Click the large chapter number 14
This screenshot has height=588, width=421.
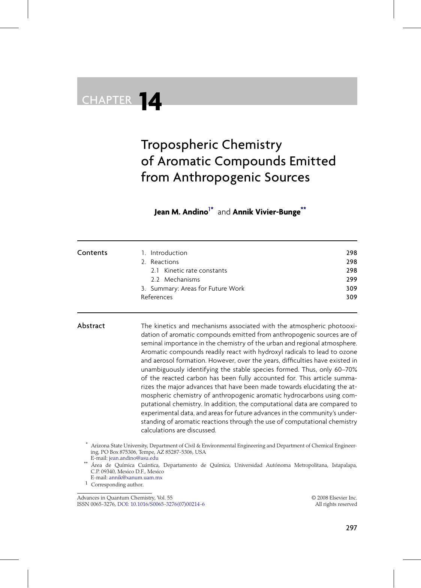(x=150, y=101)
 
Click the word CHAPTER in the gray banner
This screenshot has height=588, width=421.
(x=107, y=100)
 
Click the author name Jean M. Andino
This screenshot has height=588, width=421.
(x=181, y=212)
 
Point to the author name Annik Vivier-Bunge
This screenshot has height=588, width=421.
(x=267, y=212)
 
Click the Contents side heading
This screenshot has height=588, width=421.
(x=92, y=253)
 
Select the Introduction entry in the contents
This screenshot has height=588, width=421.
(x=169, y=253)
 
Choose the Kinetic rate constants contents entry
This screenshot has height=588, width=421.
(x=195, y=271)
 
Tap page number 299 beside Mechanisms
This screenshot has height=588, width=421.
(x=352, y=280)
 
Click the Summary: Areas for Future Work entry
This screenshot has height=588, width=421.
(x=197, y=289)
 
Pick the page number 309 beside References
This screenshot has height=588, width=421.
(x=352, y=297)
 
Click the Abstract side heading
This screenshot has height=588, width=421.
(x=91, y=326)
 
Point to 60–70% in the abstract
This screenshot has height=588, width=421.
(x=346, y=369)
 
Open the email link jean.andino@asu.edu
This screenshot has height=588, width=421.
(x=133, y=458)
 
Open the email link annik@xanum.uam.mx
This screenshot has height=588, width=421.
(x=136, y=478)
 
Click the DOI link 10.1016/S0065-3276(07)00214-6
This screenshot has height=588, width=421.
(x=161, y=504)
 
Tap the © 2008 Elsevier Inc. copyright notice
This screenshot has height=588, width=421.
(x=334, y=498)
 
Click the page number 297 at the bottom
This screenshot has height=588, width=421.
(x=351, y=528)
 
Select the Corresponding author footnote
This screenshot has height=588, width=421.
(x=117, y=485)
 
